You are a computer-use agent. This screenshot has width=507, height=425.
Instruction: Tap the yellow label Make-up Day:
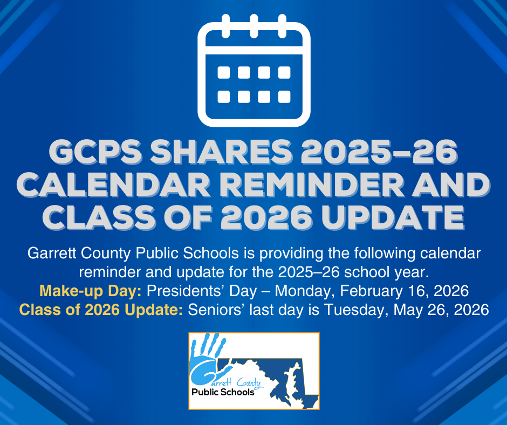pyautogui.click(x=91, y=291)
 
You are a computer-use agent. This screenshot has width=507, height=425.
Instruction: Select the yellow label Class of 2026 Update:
pyautogui.click(x=101, y=310)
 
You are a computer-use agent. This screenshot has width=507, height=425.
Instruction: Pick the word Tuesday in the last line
pyautogui.click(x=359, y=310)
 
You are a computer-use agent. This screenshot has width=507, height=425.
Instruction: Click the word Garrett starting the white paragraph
pyautogui.click(x=51, y=253)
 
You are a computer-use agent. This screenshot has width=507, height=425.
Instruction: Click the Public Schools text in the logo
pyautogui.click(x=223, y=392)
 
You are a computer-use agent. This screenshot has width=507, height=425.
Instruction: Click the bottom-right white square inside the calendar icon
pyautogui.click(x=284, y=97)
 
